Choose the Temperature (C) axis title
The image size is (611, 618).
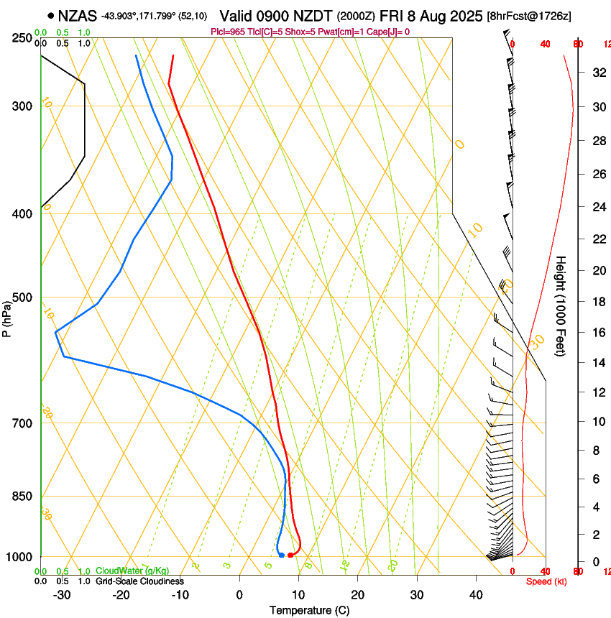309,610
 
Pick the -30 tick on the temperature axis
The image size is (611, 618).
62,594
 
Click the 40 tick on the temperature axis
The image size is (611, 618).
475,594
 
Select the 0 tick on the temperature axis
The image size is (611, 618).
239,594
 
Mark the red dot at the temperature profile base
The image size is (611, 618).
290,555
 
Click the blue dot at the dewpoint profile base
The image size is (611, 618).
281,555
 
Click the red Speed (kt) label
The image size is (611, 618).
546,581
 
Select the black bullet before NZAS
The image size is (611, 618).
50,15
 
